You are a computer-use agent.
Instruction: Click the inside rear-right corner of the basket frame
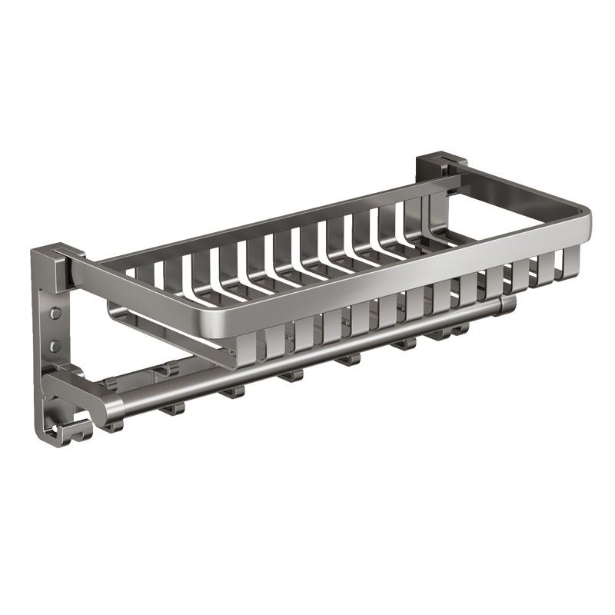[461, 184]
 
